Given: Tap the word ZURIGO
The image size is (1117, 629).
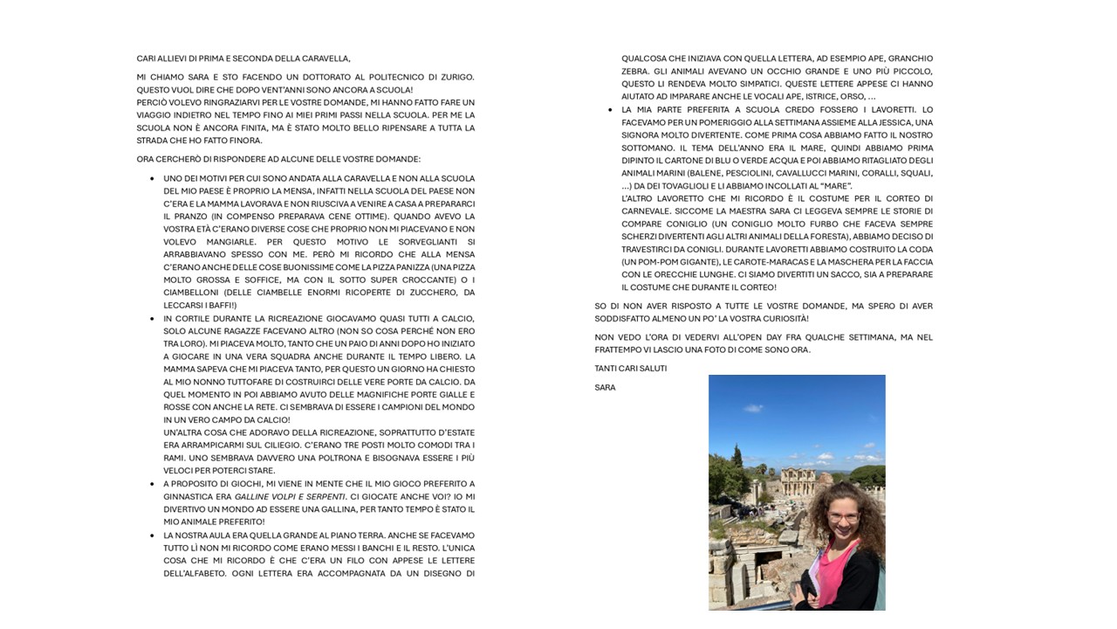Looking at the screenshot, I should (454, 77).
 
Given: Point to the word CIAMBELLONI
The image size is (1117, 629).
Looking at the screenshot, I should (193, 293).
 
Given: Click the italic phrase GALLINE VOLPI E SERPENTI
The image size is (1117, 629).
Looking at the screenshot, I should (290, 496).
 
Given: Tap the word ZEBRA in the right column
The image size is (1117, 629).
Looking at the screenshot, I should (634, 72).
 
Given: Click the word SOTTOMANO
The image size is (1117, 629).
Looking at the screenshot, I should (647, 148).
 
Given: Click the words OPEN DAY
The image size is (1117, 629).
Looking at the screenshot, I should (747, 337).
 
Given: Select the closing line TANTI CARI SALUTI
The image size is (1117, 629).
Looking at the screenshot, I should (630, 369).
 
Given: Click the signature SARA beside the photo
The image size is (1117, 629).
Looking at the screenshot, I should (605, 388).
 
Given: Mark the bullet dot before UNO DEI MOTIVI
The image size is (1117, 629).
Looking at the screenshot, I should (152, 178).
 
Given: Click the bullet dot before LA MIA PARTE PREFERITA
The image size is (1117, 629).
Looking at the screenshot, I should (609, 110).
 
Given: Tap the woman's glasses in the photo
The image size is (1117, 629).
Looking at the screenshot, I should (843, 516).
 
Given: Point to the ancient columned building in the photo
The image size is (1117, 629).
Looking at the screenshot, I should (804, 480).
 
